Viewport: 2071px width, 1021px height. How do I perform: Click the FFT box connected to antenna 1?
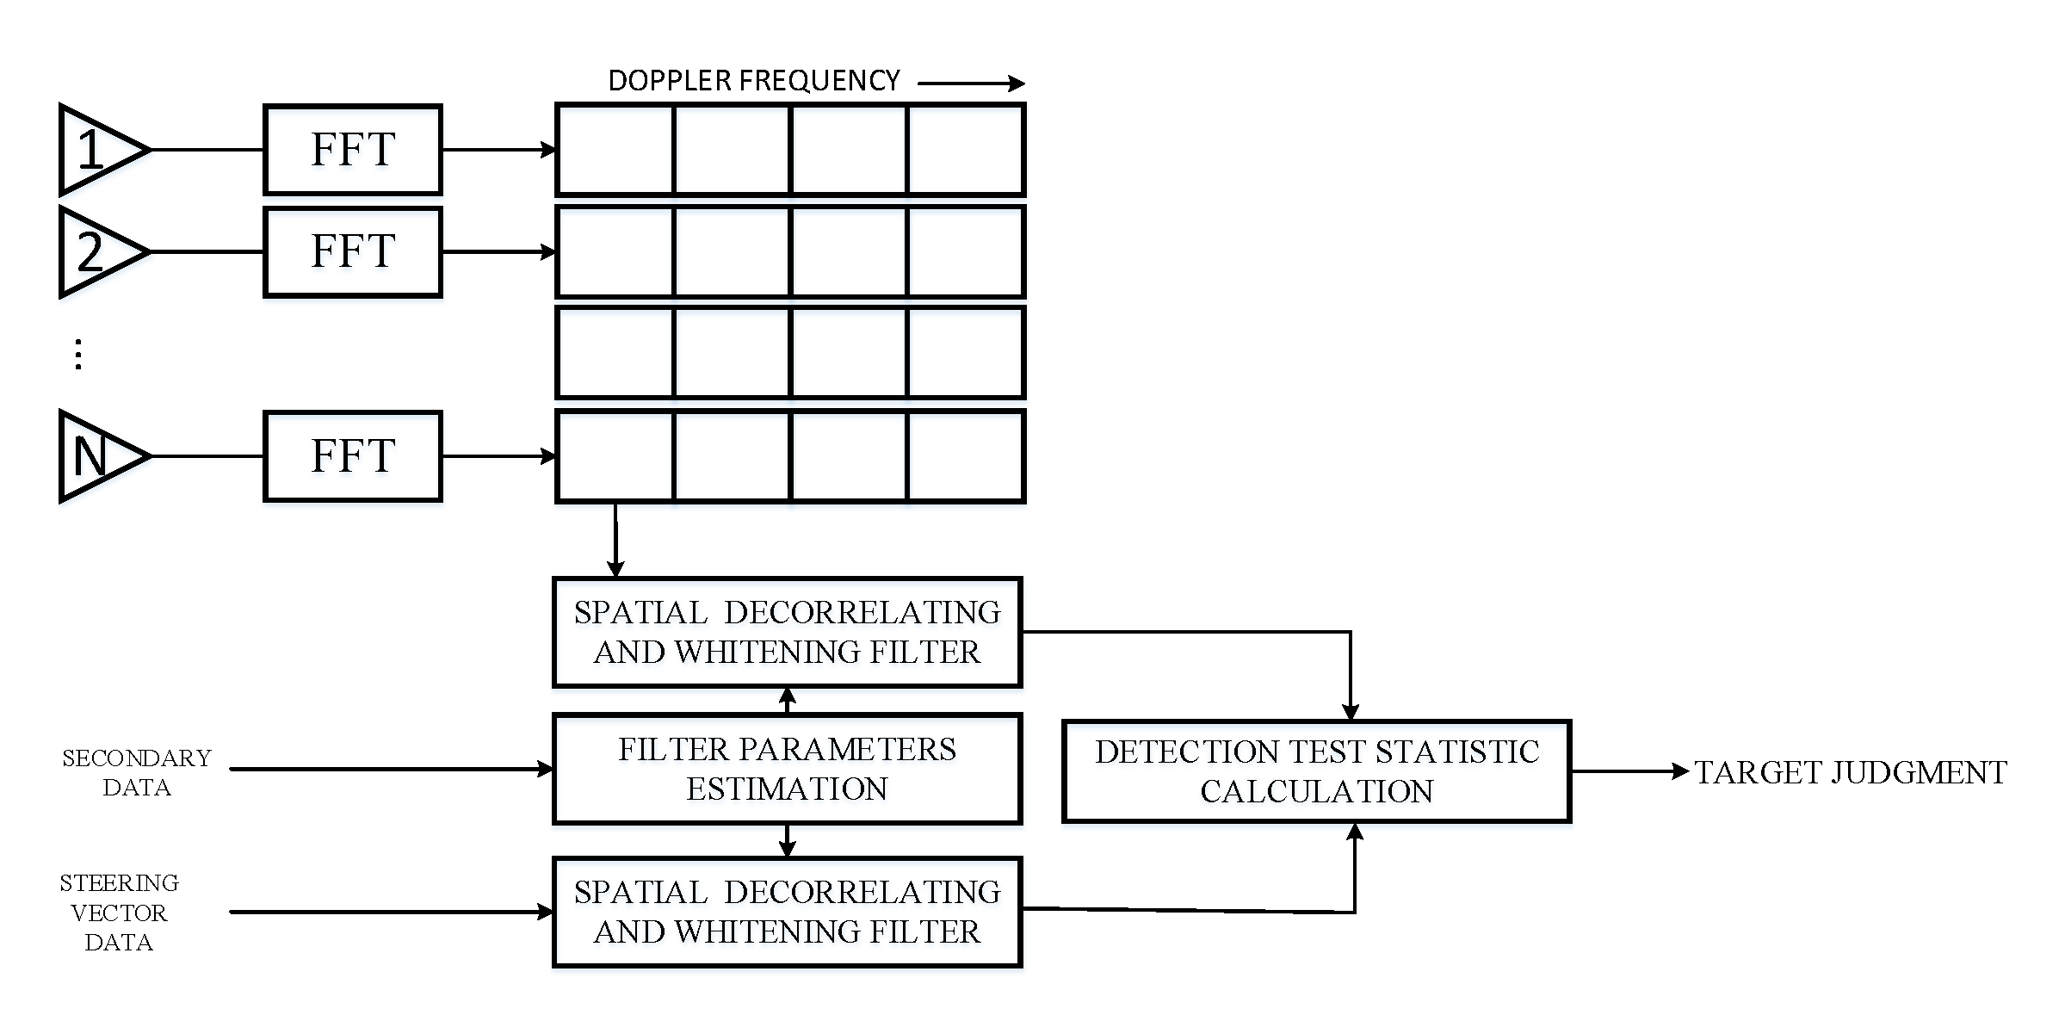coord(353,150)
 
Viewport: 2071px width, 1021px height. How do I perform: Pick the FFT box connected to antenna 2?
coord(353,251)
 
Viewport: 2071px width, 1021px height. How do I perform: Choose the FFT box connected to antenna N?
coord(353,456)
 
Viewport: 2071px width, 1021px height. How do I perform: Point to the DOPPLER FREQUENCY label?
coord(753,81)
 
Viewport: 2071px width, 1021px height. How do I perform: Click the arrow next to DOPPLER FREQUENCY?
coord(971,84)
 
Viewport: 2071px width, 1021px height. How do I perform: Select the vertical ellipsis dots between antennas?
coord(78,354)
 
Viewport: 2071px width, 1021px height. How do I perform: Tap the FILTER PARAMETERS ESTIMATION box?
coord(787,769)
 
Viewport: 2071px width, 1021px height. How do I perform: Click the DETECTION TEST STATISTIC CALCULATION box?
coord(1316,771)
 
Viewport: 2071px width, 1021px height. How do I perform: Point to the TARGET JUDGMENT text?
coord(1850,772)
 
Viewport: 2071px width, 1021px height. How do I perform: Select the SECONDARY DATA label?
coord(136,772)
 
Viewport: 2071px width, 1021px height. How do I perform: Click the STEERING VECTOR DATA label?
coord(119,913)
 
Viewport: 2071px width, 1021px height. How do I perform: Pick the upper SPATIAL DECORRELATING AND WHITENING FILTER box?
coord(787,632)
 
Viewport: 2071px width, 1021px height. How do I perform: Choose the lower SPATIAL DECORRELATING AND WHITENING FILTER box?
coord(787,912)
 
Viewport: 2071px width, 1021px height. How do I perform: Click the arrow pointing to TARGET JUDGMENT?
coord(1629,771)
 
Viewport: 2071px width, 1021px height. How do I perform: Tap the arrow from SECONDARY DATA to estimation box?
coord(392,769)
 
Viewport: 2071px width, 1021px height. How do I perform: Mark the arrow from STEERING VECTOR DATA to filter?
coord(392,912)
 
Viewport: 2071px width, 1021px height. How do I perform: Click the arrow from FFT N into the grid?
coord(499,456)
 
